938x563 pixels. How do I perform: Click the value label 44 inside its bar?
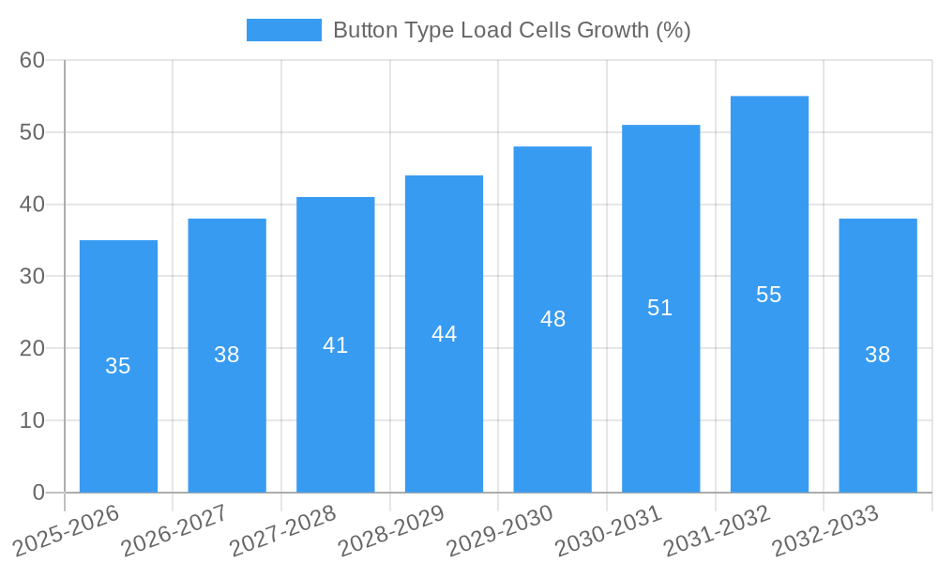click(x=444, y=334)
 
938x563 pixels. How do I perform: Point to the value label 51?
click(x=660, y=308)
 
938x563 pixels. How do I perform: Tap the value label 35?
click(x=118, y=366)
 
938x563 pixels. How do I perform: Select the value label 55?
click(x=768, y=295)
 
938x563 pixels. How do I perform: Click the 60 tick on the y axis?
click(x=33, y=60)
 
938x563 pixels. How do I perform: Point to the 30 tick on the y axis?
click(x=33, y=276)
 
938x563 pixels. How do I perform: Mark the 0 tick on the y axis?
click(x=38, y=493)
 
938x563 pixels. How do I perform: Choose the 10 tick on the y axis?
click(x=33, y=420)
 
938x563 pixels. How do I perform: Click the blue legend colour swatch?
click(x=283, y=30)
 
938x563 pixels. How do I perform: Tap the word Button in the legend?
click(x=366, y=30)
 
